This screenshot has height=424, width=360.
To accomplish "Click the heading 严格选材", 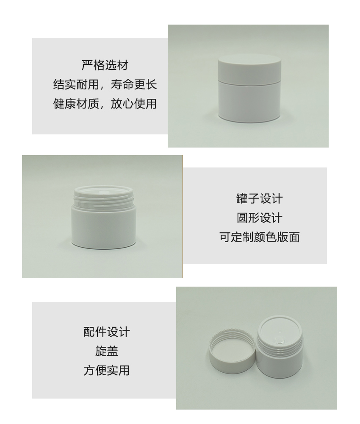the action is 105,65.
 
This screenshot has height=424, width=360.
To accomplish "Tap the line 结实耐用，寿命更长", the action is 105,84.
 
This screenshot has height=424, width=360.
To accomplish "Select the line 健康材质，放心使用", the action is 105,103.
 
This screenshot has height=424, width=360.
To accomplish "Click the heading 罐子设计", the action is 259,198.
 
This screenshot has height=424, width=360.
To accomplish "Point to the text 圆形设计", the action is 259,218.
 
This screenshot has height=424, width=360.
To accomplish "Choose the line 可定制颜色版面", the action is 259,237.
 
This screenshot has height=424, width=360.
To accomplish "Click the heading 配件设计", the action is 106,332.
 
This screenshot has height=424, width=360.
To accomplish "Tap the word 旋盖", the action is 106,351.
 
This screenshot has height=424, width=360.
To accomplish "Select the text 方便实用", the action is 106,370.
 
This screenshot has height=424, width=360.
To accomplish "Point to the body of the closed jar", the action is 249,101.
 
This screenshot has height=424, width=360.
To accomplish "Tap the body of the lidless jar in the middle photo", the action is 104,226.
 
